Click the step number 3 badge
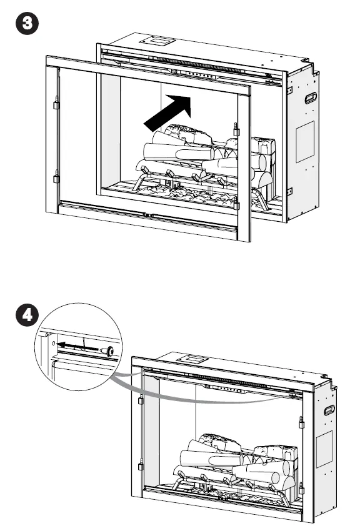27,23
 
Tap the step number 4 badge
27,315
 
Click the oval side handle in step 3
311,97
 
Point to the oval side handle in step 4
329,410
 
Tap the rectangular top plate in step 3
157,41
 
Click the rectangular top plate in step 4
193,359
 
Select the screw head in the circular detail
109,351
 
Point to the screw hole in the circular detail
53,344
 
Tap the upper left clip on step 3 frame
56,103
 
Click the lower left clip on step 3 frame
56,177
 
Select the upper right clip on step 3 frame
236,129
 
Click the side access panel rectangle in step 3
305,141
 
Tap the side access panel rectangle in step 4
324,449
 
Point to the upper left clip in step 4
141,400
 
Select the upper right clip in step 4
301,422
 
